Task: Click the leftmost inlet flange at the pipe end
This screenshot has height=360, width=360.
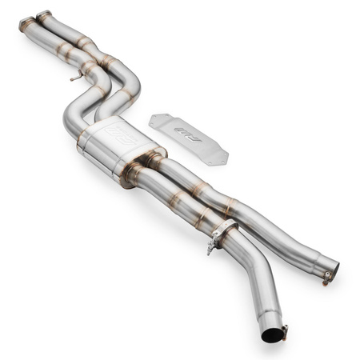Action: (x=26, y=24)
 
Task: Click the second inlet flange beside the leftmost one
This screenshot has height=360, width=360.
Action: (x=44, y=16)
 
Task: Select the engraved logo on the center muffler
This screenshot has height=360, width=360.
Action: (x=118, y=133)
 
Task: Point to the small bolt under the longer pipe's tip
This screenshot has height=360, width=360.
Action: (x=326, y=279)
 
